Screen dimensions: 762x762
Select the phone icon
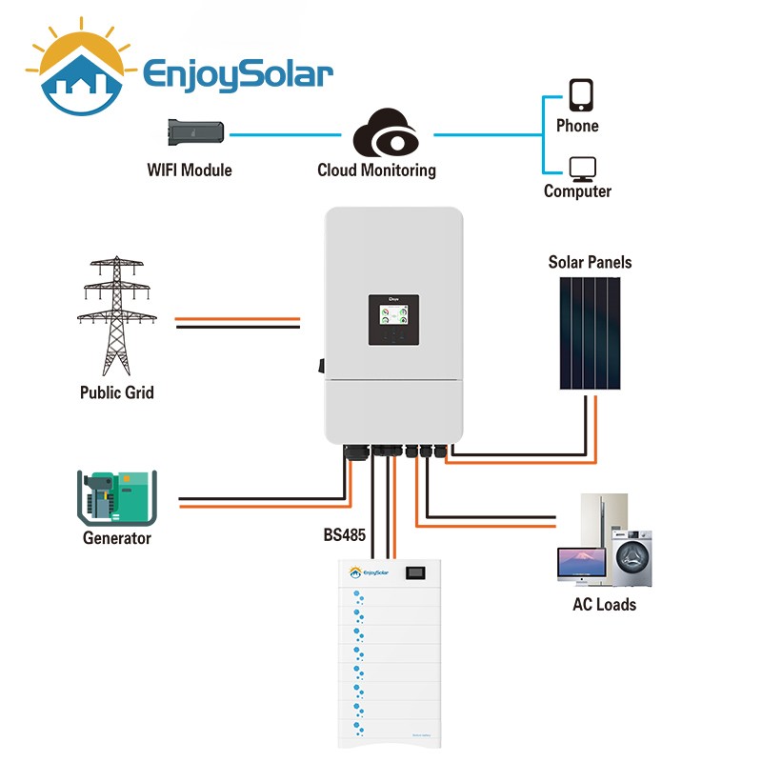point(580,95)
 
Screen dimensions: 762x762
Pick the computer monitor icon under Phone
point(580,169)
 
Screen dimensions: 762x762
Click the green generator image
point(115,497)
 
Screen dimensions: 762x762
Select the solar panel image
point(589,332)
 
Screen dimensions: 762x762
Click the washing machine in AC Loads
point(631,556)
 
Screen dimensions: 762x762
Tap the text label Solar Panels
point(590,262)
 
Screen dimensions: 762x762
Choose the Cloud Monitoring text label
point(376,170)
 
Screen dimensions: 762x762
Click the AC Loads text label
point(604,604)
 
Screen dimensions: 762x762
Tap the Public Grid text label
point(116,391)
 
